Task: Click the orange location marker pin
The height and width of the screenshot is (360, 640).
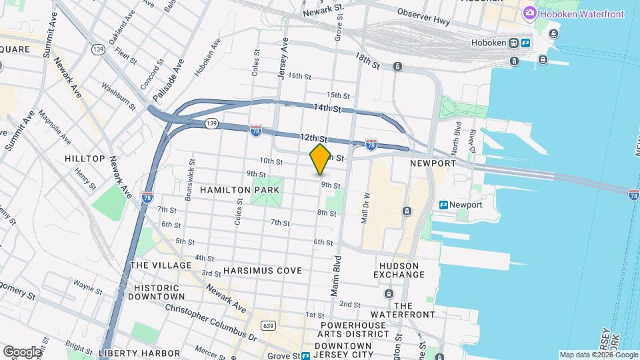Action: (x=320, y=159)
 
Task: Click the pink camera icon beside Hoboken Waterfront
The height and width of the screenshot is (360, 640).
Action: (x=530, y=13)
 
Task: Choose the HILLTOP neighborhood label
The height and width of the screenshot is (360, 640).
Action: (x=85, y=159)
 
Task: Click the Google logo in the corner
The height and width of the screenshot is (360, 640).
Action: (x=21, y=351)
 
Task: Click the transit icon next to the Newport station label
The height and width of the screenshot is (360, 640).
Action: (x=443, y=205)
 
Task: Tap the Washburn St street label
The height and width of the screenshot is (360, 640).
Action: (x=119, y=96)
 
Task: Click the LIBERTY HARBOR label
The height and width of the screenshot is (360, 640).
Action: (x=139, y=353)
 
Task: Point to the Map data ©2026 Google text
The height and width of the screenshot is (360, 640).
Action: (x=598, y=355)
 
